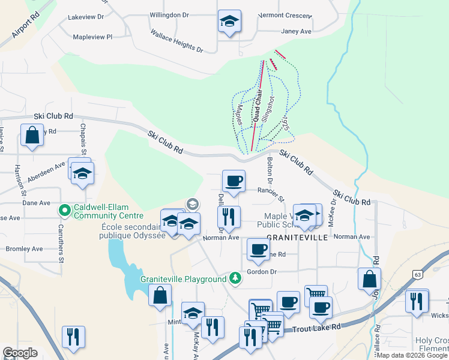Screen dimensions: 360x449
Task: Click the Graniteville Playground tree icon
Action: point(236,278)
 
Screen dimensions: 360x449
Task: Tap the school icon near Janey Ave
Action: point(229,22)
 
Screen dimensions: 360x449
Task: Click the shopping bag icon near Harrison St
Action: point(32,135)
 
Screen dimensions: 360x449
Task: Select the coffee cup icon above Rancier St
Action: point(234,180)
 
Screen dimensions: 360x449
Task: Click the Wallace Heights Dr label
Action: point(177,41)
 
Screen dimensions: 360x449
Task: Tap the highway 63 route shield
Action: point(417,274)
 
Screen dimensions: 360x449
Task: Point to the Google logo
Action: point(20,353)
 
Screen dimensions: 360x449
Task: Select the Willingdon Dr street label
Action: point(169,14)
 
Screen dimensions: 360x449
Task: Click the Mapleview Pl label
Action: point(92,37)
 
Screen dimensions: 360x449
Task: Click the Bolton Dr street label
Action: point(270,170)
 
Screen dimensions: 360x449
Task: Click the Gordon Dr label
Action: point(262,271)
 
